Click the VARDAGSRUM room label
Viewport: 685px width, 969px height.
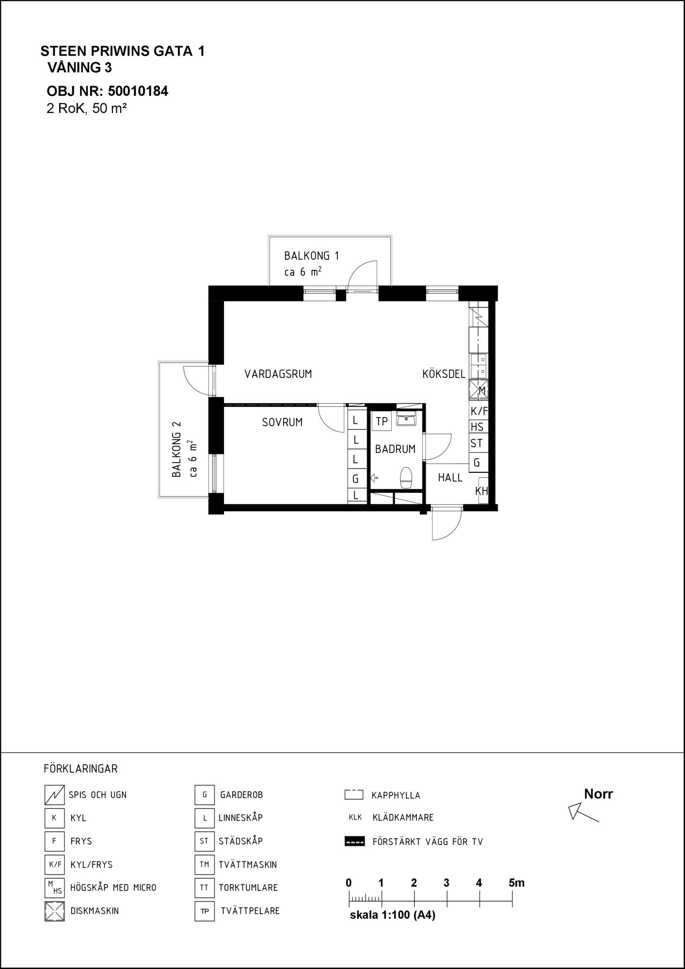278,374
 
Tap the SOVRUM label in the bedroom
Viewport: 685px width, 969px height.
282,422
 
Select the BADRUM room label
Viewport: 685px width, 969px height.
395,449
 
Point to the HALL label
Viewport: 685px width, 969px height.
450,478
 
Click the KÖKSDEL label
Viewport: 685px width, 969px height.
444,374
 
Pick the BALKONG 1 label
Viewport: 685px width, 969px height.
311,256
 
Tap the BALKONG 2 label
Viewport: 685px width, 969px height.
176,449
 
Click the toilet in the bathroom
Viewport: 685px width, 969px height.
406,478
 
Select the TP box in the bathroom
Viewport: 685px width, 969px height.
382,421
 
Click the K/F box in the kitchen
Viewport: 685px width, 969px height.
478,412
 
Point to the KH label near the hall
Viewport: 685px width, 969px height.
481,491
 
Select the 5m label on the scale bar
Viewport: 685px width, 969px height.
517,883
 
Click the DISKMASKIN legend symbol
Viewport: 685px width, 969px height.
54,911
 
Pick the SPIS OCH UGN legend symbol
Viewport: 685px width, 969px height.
54,795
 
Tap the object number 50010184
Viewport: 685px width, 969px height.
138,91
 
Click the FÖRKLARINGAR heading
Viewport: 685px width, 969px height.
80,769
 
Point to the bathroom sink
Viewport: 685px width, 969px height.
406,419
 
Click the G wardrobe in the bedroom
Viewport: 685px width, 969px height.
356,479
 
